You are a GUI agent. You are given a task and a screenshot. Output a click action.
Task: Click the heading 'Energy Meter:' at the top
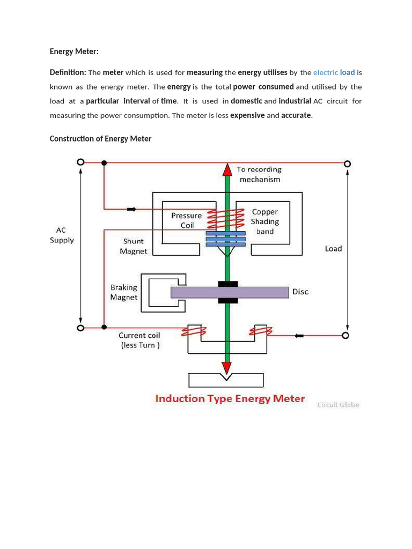pyautogui.click(x=74, y=51)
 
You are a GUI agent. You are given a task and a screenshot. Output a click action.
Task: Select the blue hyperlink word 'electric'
pyautogui.click(x=325, y=72)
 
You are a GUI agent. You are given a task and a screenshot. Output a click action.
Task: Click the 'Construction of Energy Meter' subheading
pyautogui.click(x=100, y=139)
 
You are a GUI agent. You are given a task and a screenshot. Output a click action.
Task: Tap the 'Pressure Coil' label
pyautogui.click(x=187, y=220)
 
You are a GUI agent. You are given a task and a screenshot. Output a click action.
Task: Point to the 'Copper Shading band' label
pyautogui.click(x=265, y=221)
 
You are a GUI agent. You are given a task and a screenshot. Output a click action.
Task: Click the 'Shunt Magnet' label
pyautogui.click(x=133, y=246)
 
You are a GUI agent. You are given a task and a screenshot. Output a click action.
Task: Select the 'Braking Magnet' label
pyautogui.click(x=124, y=292)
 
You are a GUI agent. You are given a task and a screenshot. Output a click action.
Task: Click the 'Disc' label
pyautogui.click(x=300, y=292)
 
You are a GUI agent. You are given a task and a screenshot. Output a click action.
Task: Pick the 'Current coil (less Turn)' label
pyautogui.click(x=139, y=340)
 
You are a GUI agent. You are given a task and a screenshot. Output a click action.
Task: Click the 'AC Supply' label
pyautogui.click(x=62, y=235)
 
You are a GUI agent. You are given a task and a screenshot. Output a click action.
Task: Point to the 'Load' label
pyautogui.click(x=333, y=249)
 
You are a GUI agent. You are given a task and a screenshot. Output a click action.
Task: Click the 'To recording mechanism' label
pyautogui.click(x=260, y=174)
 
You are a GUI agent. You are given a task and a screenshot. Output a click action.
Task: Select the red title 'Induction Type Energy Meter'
pyautogui.click(x=230, y=398)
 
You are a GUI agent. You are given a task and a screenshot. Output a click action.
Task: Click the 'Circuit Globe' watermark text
pyautogui.click(x=338, y=405)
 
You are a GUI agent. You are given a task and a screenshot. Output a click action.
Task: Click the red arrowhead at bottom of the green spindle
pyautogui.click(x=227, y=368)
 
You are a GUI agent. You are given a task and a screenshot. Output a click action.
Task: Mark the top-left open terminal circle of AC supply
pyautogui.click(x=80, y=162)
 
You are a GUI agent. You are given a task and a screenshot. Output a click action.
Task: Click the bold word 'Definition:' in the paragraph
pyautogui.click(x=68, y=72)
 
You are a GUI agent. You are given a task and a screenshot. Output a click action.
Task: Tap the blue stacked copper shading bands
pyautogui.click(x=226, y=239)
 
